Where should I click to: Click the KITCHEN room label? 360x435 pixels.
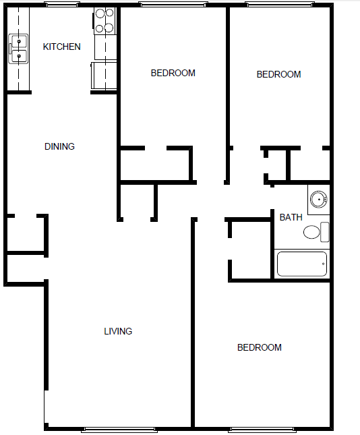tap(62, 47)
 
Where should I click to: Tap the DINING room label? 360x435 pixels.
tap(59, 146)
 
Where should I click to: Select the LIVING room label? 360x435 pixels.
tap(118, 331)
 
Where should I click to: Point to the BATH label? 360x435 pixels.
tap(291, 217)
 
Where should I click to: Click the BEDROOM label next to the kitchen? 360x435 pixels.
tap(173, 73)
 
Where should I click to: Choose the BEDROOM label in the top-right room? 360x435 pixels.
tap(278, 74)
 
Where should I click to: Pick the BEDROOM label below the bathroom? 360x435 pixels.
tap(260, 347)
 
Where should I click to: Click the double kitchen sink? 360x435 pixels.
tap(18, 49)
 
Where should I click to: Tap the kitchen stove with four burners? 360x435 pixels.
tap(105, 21)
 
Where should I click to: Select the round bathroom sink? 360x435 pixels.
tap(319, 199)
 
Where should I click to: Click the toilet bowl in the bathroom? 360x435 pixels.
tap(311, 232)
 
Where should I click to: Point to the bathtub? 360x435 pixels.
tap(302, 264)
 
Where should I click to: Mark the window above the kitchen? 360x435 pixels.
tap(62, 5)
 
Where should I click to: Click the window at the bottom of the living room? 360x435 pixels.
tap(119, 430)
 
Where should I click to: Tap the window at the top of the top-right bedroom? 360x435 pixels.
tap(280, 5)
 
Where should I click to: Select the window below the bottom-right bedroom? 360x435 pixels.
tap(262, 430)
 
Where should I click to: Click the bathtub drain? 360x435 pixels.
tap(323, 264)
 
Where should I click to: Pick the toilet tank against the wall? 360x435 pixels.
tap(325, 232)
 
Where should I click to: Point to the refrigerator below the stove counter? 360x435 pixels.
tap(104, 76)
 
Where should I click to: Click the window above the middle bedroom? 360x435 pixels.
tap(173, 5)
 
